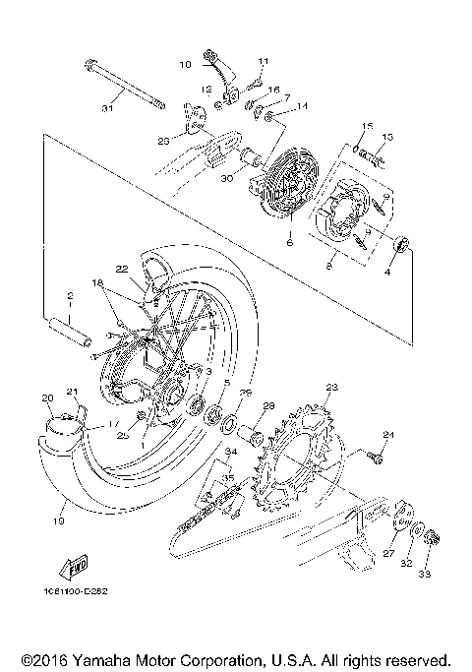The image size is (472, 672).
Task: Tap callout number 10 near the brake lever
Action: click(x=185, y=65)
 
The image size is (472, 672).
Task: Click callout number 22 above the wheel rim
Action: click(x=121, y=269)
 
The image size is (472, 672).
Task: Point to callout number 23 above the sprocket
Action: click(x=331, y=387)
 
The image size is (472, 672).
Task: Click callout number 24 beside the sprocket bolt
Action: click(x=388, y=435)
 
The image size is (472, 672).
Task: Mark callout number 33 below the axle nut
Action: click(x=424, y=573)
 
